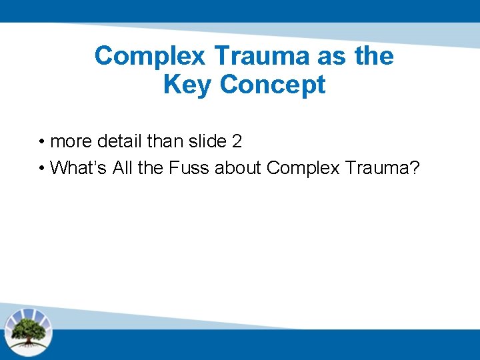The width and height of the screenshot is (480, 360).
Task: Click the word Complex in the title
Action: pyautogui.click(x=151, y=56)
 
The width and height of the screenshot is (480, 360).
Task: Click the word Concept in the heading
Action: pyautogui.click(x=273, y=85)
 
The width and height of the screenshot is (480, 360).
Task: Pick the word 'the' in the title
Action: pyautogui.click(x=374, y=56)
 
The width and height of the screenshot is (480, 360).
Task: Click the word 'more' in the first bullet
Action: pyautogui.click(x=71, y=142)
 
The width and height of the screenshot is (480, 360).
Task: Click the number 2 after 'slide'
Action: pyautogui.click(x=237, y=142)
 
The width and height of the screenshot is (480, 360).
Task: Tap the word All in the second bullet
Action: pyautogui.click(x=123, y=167)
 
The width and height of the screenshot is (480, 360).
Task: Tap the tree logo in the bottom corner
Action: pyautogui.click(x=28, y=331)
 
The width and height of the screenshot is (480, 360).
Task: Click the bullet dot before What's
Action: pyautogui.click(x=41, y=168)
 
